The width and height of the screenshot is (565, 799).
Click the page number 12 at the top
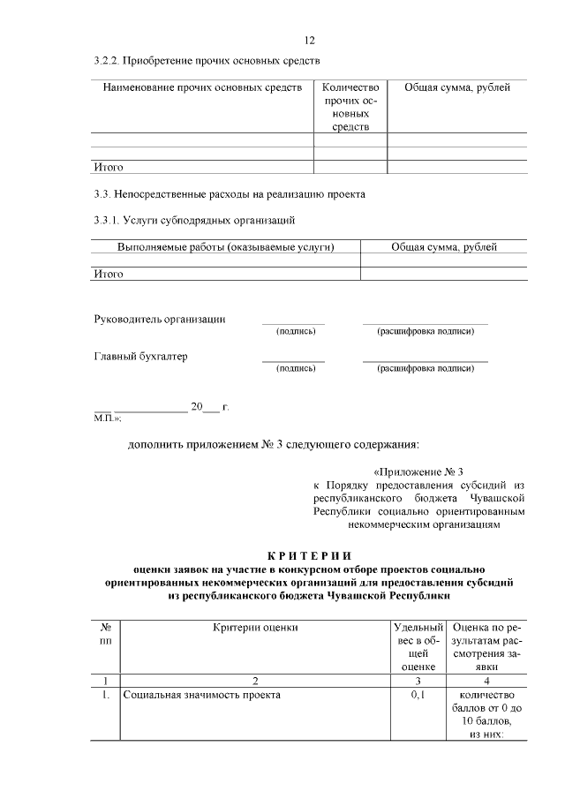click(309, 41)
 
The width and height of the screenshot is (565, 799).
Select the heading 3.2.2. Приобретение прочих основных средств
click(207, 62)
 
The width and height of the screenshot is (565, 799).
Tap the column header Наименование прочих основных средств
click(203, 88)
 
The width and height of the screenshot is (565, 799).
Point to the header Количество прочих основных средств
click(350, 108)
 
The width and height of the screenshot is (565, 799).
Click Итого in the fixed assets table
click(109, 167)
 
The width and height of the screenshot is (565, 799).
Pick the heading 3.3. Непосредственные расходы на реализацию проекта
click(229, 193)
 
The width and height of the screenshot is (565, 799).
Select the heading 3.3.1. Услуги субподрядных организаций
click(194, 219)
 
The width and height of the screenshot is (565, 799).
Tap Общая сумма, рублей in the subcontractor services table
click(444, 247)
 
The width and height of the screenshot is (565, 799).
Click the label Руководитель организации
click(160, 319)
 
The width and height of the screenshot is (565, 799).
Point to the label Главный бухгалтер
click(140, 357)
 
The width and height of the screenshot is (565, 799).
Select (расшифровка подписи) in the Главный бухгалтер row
click(426, 369)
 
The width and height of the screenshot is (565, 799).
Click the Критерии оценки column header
click(255, 627)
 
